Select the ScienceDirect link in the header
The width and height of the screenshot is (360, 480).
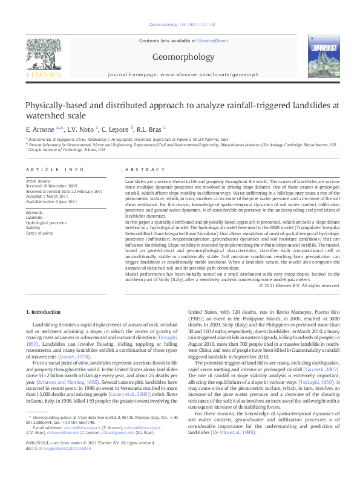click(x=212, y=40)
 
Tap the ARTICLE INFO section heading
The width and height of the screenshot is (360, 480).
click(x=54, y=171)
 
